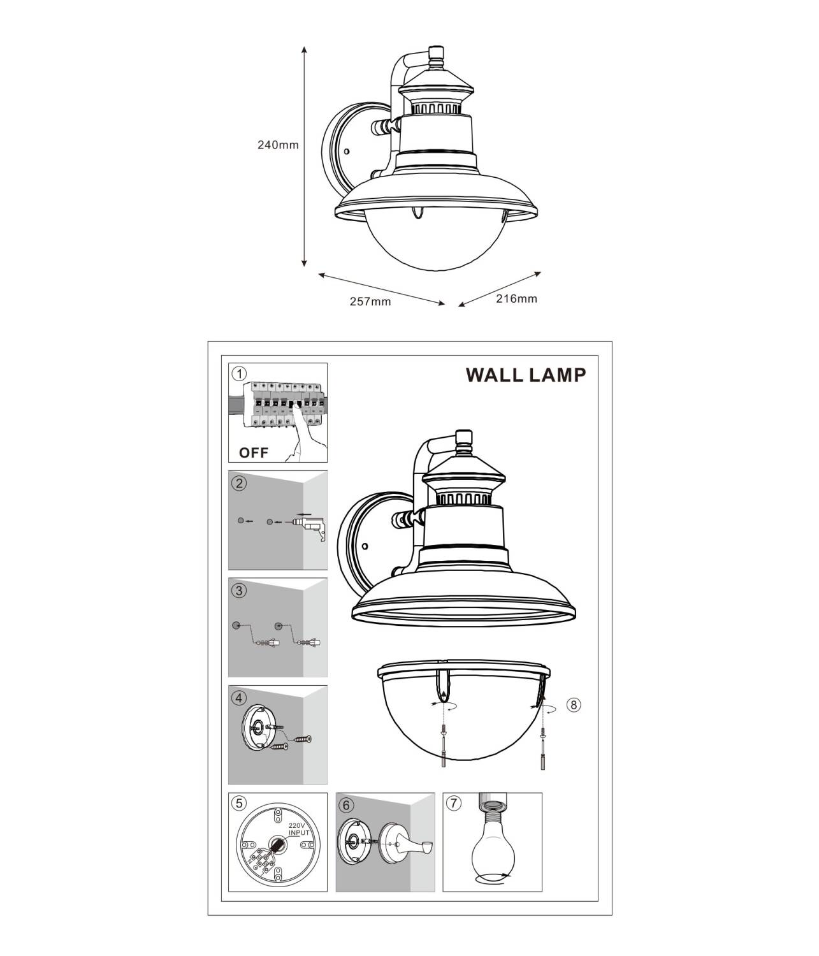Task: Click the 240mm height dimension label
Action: coord(278,145)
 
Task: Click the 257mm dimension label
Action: coord(370,301)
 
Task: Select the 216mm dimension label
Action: coord(516,298)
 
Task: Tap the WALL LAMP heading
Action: coord(526,375)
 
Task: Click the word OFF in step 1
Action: coord(254,453)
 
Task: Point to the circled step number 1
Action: coord(239,373)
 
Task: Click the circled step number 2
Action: coord(239,482)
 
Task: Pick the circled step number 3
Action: coord(239,590)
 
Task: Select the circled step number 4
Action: coord(239,698)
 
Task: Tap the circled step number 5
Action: coord(239,804)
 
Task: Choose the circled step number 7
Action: coord(454,804)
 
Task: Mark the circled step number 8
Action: coord(574,705)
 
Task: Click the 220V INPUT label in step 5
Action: coord(298,829)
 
